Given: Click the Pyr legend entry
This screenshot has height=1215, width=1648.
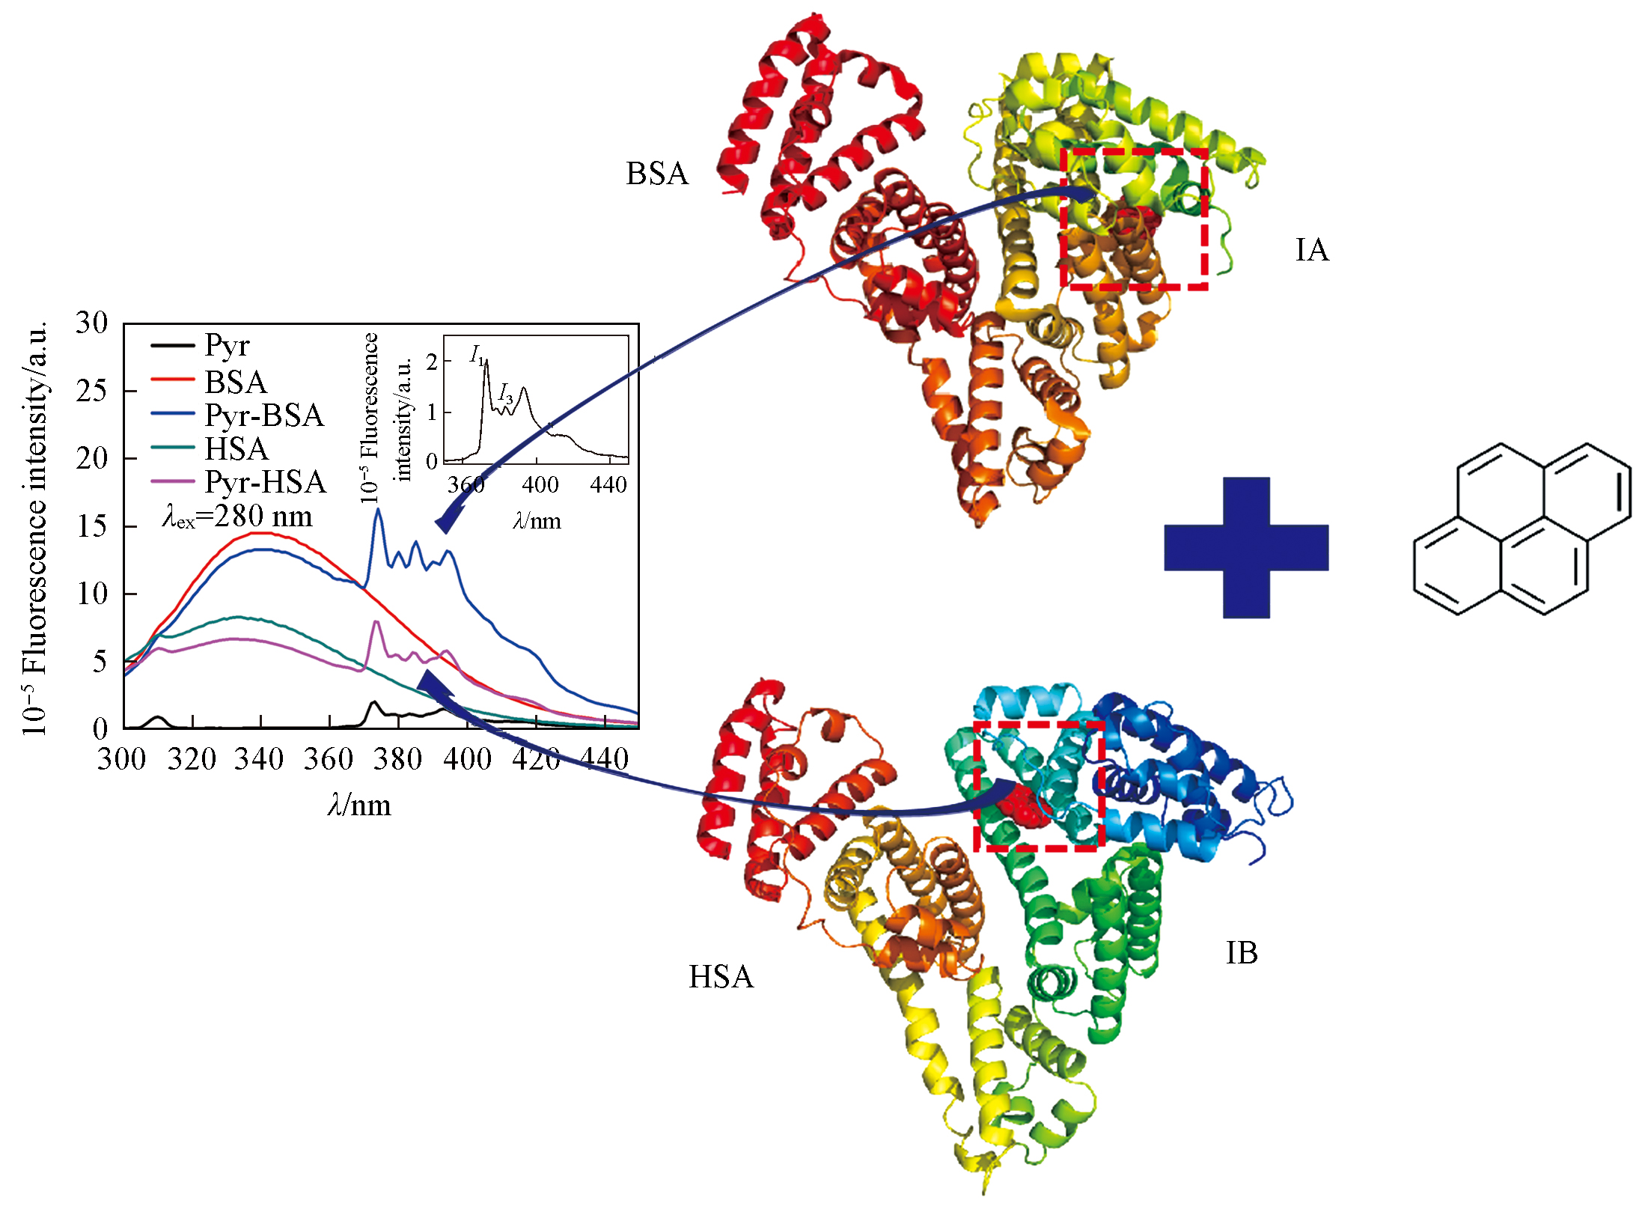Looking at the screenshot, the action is tap(201, 345).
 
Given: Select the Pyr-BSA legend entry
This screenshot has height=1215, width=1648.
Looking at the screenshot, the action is tap(237, 415).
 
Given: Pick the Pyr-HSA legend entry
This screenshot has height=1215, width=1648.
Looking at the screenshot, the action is tap(238, 481).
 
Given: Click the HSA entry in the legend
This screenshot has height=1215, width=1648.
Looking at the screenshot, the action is tap(209, 448).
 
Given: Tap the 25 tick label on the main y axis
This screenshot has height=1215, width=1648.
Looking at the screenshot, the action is tap(91, 391).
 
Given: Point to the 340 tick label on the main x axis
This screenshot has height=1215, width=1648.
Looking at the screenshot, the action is tap(260, 759).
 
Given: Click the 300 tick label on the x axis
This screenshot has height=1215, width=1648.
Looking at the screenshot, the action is tap(122, 759).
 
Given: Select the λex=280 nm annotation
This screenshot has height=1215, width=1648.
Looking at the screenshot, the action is tap(237, 517).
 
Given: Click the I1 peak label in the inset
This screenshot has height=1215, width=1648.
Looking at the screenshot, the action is tap(477, 356).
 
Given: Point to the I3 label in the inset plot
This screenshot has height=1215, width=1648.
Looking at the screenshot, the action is tap(506, 393).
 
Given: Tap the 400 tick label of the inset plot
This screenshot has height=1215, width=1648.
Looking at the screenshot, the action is tap(540, 485).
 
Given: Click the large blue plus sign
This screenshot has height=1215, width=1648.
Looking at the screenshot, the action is tap(1246, 547).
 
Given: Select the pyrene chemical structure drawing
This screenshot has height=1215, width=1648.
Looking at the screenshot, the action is tap(1522, 529).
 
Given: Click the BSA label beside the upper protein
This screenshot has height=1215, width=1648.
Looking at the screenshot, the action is tap(657, 174).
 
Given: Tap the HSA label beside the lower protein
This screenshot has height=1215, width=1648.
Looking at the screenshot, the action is tap(721, 977).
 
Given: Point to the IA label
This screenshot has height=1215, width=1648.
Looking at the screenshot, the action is tap(1312, 250).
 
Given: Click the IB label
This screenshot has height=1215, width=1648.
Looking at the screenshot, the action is tap(1242, 953).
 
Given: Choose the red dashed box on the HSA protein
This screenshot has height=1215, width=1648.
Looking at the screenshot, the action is tap(975, 786).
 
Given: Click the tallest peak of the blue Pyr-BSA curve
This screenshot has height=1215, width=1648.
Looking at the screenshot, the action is tap(379, 510).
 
